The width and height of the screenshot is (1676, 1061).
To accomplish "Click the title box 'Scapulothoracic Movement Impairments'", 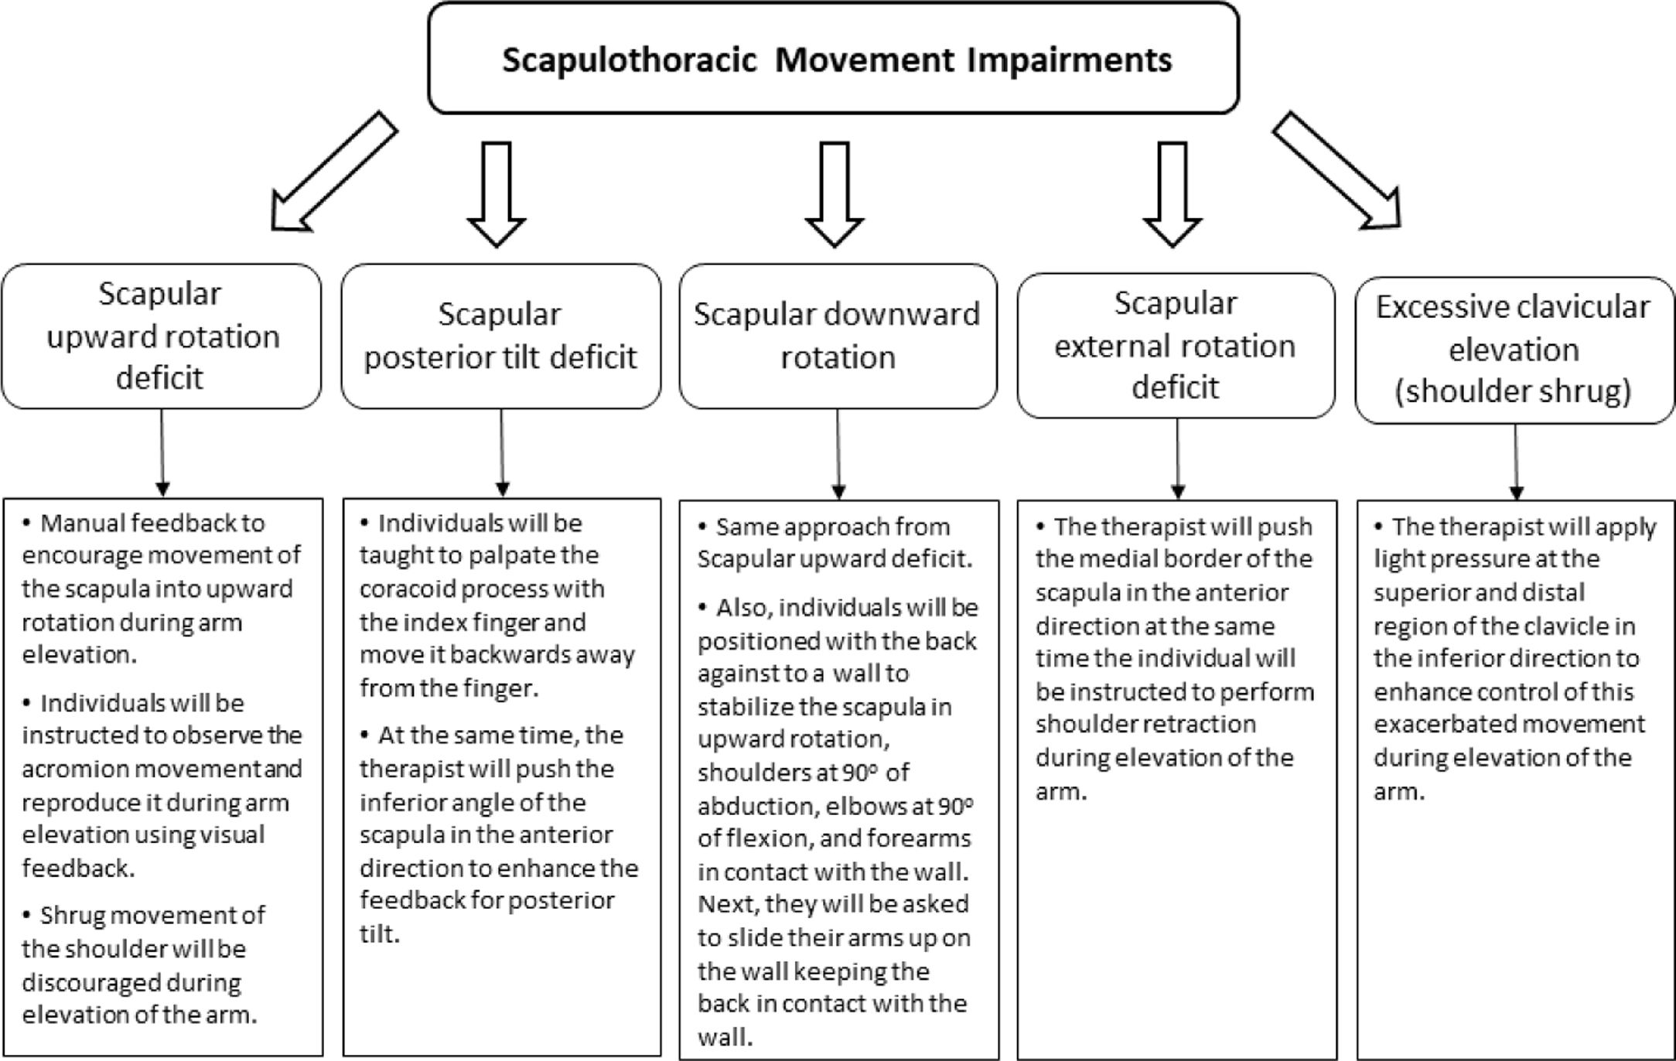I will coord(834,60).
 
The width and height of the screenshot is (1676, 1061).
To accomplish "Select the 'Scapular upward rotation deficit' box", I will coord(161,336).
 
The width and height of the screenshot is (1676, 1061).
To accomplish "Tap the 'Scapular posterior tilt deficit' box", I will coord(500,336).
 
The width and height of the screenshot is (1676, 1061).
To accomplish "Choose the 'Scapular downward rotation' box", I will coord(838,336).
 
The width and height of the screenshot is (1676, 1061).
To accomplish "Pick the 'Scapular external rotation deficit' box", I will coord(1176,346).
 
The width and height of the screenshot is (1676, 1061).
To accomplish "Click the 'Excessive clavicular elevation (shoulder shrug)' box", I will coord(1514,350).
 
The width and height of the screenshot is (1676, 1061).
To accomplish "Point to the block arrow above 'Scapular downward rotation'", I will coord(834,193).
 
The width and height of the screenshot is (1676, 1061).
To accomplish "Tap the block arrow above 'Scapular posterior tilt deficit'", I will coord(497,193).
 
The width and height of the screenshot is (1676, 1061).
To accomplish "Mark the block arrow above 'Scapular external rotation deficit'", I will coord(1173,193).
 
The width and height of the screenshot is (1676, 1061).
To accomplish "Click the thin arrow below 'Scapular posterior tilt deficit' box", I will coord(502,452).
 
